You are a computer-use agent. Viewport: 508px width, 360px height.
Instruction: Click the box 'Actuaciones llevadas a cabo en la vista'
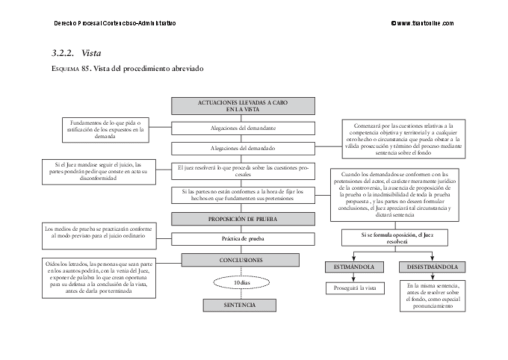coord(243,106)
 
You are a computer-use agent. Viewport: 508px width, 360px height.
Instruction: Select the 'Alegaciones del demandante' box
coord(243,128)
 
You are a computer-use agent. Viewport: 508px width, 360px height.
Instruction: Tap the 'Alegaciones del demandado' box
coord(243,147)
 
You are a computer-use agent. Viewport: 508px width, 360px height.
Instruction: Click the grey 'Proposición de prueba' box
coord(243,219)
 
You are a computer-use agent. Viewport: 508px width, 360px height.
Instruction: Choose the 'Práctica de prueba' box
coord(243,238)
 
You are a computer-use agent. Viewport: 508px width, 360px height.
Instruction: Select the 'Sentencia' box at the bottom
coord(240,305)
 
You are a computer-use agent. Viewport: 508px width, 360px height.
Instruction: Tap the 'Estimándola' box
coord(354,267)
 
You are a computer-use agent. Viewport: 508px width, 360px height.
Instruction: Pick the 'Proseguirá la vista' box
coord(354,288)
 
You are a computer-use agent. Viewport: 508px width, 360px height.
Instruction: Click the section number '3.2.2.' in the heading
coord(63,53)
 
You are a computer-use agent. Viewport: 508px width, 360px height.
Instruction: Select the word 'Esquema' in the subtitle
coord(68,69)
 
